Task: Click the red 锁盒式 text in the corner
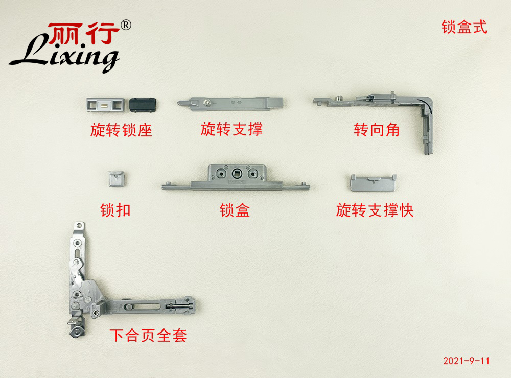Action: pos(464,27)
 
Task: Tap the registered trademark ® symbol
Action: pos(126,25)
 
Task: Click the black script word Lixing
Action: pos(64,55)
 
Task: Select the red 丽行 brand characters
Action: pos(84,33)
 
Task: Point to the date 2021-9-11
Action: pos(466,361)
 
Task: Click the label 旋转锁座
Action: pos(121,130)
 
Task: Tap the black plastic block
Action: pos(143,105)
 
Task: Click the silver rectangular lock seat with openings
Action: pos(105,105)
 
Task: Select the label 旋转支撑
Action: pos(231,129)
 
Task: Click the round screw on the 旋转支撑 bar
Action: pos(206,103)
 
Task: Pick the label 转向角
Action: pos(377,130)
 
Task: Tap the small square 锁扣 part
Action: pos(117,179)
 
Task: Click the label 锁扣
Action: pos(115,210)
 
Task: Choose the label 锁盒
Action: pos(235,210)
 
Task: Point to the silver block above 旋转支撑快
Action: pos(373,183)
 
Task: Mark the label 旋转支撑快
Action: pos(375,210)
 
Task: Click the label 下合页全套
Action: pos(148,335)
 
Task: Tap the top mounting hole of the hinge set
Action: pos(79,225)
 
